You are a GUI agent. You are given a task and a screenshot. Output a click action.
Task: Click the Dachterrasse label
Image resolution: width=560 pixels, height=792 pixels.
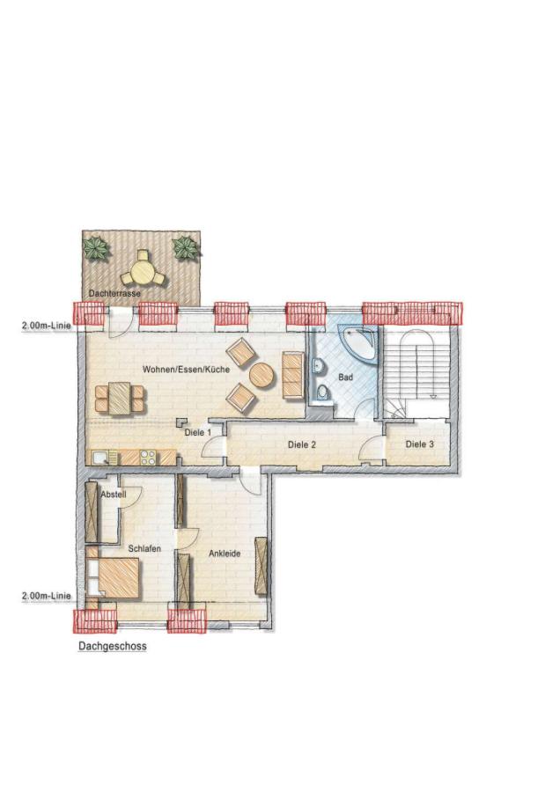(114, 293)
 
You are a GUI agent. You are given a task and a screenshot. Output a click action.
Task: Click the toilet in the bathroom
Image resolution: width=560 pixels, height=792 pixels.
(323, 392)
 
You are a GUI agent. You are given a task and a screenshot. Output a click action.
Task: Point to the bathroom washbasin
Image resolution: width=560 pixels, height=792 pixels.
(315, 365)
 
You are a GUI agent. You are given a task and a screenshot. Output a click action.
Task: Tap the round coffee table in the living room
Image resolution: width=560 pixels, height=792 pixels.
(262, 377)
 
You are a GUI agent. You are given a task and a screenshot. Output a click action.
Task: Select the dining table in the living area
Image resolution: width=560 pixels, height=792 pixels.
(118, 398)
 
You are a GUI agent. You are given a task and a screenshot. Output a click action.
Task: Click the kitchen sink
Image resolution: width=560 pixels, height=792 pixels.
(101, 457)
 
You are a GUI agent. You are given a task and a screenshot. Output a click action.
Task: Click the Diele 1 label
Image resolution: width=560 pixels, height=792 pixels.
(197, 433)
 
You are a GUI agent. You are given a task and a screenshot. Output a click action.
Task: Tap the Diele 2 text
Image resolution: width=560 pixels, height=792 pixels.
(301, 445)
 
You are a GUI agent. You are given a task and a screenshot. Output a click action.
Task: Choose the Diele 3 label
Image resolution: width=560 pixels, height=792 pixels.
(419, 445)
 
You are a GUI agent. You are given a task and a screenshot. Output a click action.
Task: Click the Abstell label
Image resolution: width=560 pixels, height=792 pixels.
(114, 495)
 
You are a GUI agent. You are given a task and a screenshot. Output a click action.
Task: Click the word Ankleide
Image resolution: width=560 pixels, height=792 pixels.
(225, 554)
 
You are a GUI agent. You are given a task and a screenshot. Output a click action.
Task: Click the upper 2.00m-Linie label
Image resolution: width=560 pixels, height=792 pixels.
(46, 325)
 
